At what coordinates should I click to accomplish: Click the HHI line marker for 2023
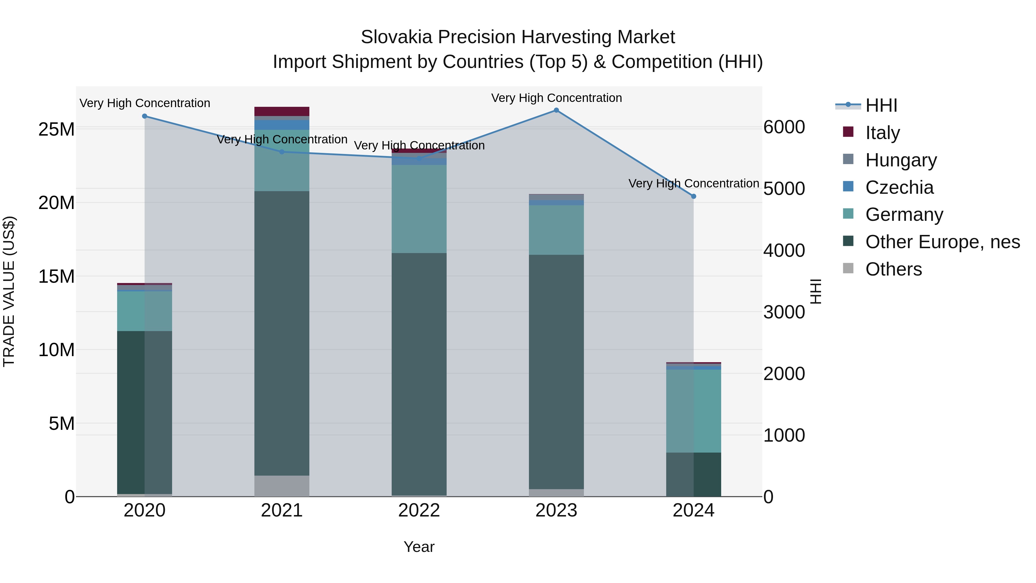(x=556, y=110)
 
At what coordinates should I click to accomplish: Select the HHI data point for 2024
(x=693, y=196)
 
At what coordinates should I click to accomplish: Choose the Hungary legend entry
(x=901, y=160)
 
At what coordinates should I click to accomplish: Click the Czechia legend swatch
(x=848, y=187)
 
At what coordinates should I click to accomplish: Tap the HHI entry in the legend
(x=881, y=105)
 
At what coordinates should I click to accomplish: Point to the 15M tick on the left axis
(x=56, y=276)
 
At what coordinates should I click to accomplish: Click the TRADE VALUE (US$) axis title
(x=9, y=291)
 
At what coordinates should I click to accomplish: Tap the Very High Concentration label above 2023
(x=556, y=98)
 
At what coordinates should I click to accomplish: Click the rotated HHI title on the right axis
(x=816, y=291)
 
